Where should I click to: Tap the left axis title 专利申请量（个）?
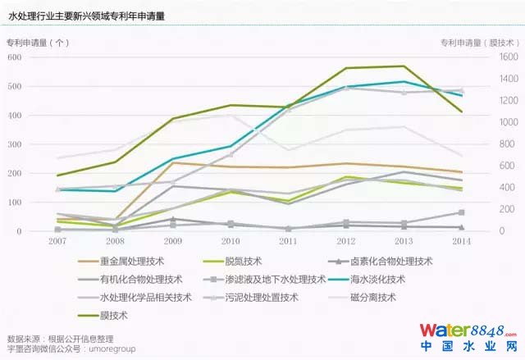tap(39, 43)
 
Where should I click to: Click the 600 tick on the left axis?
tap(15, 57)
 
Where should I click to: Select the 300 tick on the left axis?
tap(15, 144)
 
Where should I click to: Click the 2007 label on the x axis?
tap(57, 242)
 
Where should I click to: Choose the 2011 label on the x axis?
tap(288, 242)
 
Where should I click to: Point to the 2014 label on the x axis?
tap(461, 242)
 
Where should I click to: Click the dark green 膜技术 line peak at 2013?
tap(404, 66)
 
